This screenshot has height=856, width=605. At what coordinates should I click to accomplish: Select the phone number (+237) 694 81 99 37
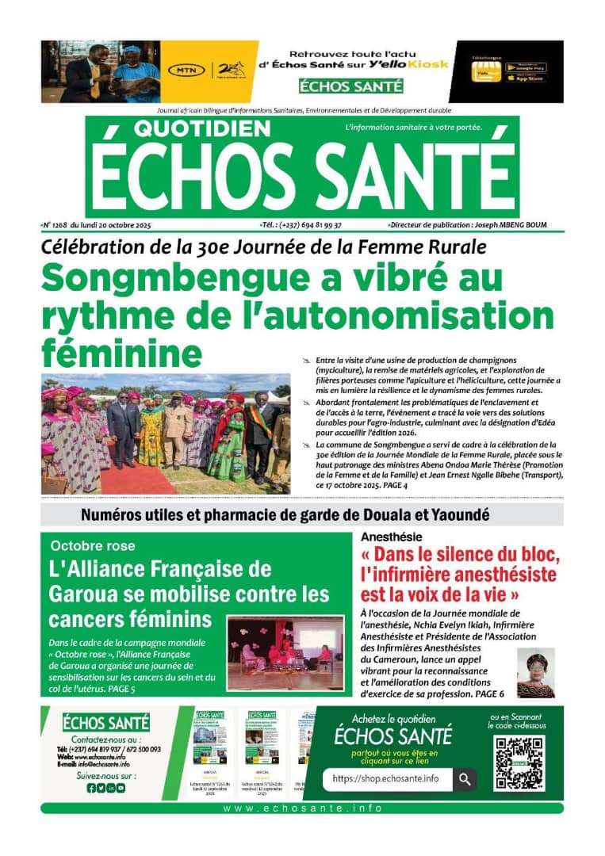(x=312, y=225)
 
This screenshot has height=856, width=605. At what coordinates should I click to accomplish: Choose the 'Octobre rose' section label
(x=93, y=546)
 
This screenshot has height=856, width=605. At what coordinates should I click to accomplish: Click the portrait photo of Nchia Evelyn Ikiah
(x=536, y=673)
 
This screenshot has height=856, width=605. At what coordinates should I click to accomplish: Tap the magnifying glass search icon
(x=465, y=779)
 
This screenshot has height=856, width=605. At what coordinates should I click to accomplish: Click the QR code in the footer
(x=519, y=763)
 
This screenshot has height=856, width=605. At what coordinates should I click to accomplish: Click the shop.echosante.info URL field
(x=387, y=779)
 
